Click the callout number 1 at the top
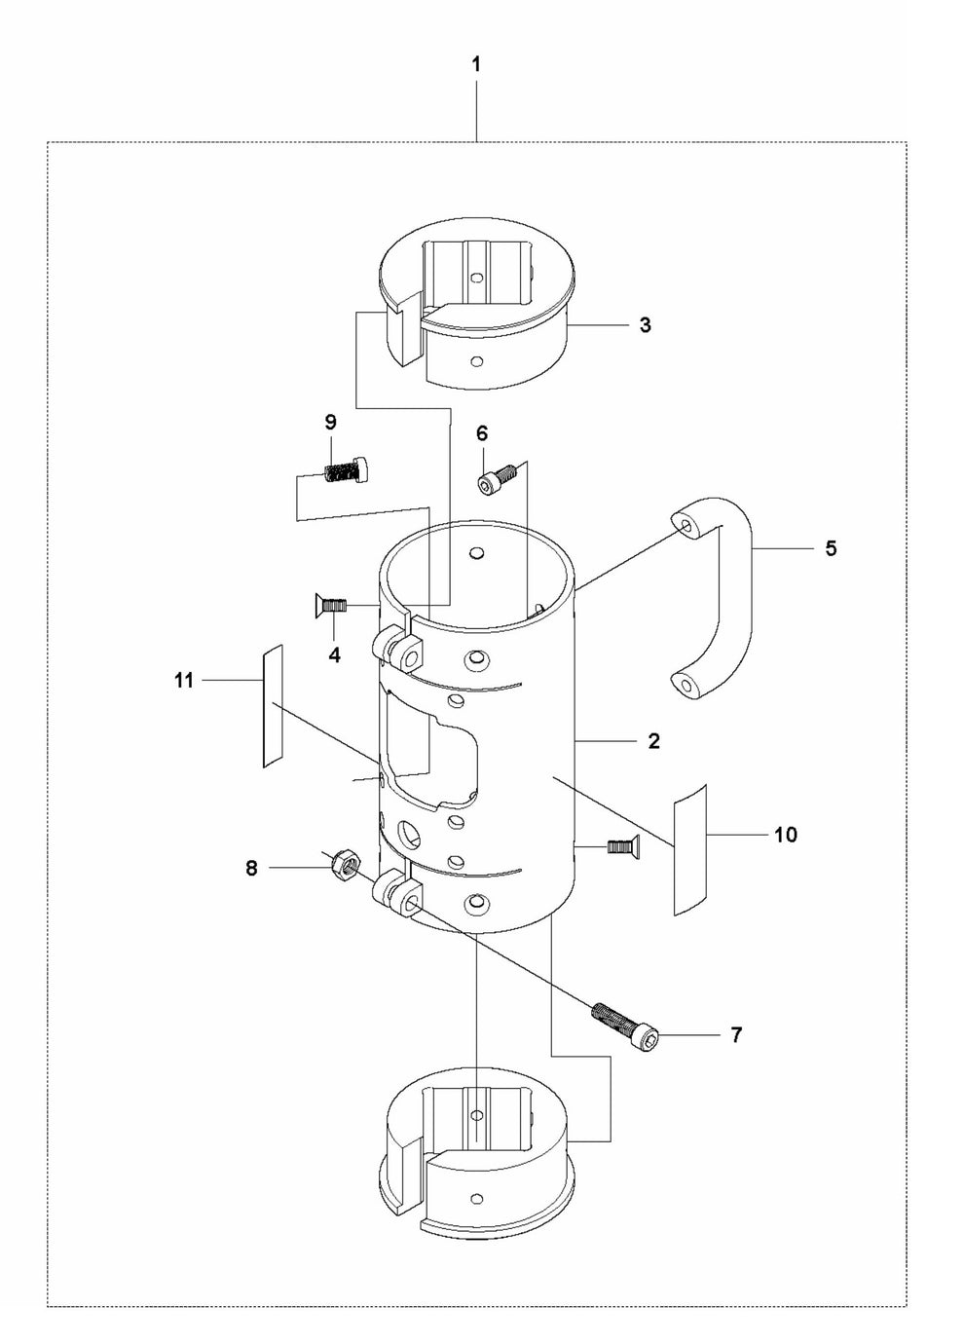(476, 65)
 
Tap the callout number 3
(645, 325)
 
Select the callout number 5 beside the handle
(831, 548)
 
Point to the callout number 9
(330, 423)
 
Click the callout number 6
(482, 433)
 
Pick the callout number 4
(335, 655)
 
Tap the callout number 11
(184, 681)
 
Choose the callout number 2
(653, 741)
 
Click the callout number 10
(786, 835)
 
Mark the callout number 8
(251, 868)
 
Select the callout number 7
(736, 1035)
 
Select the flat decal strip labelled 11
(273, 706)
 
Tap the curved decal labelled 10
(689, 848)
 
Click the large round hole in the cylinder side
(410, 835)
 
